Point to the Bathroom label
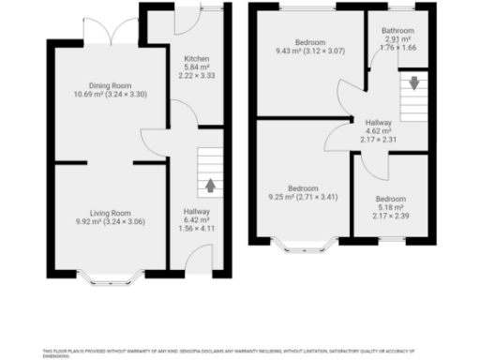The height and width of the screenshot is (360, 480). [397, 30]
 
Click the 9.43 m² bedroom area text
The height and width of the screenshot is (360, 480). [292, 52]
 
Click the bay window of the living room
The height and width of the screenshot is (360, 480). [109, 277]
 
